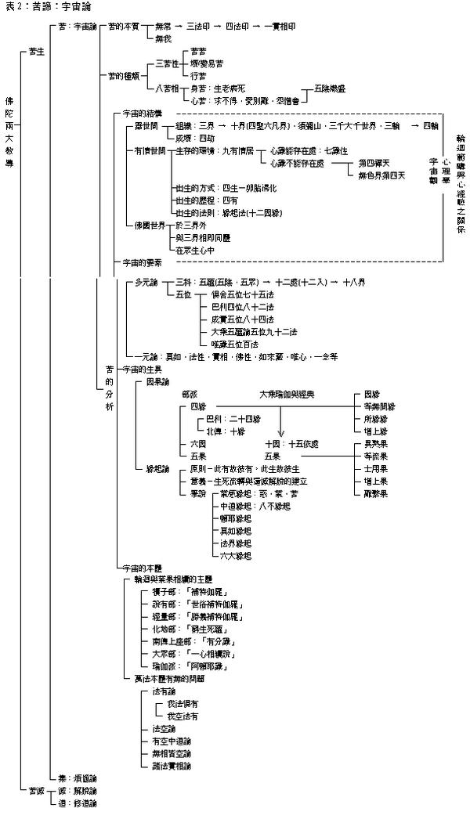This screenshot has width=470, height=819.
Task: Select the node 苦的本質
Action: (124, 26)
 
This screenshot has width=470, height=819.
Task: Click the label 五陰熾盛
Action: (329, 89)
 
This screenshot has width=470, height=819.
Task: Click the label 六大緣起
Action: (236, 555)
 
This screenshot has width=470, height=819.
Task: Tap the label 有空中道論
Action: (172, 740)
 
